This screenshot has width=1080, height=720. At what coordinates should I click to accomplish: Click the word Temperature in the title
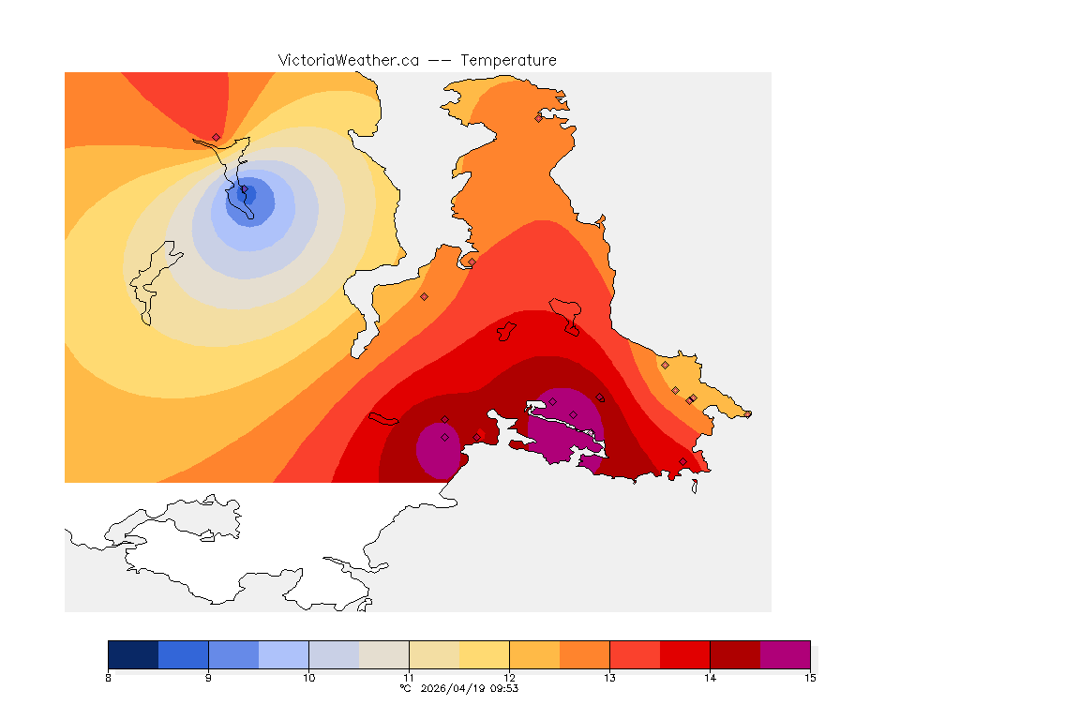pos(508,60)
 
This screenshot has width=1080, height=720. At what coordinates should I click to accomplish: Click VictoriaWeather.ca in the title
pos(348,60)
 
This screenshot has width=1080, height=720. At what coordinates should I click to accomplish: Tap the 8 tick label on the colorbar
pos(109,677)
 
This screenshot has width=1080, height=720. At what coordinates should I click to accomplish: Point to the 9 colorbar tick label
pos(208,677)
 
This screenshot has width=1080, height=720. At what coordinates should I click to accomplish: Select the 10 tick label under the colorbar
pos(308,677)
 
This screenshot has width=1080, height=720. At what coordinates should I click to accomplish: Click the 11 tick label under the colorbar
pos(409,677)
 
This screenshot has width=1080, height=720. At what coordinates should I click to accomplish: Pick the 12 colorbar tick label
pos(509,677)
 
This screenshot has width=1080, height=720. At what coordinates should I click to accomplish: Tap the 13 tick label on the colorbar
pos(609,677)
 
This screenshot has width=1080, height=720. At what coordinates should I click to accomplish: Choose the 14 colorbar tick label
pos(710,677)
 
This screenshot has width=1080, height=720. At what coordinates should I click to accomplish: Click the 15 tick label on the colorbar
pos(809,677)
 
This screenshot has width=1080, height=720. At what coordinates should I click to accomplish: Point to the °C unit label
pos(405,688)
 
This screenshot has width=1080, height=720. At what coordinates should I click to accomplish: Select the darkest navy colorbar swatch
pos(133,653)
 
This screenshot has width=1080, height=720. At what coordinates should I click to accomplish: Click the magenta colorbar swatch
pos(785,653)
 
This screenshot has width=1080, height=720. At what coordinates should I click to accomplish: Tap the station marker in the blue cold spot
pos(246,191)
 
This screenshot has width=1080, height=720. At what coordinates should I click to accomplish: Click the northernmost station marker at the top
pos(538,118)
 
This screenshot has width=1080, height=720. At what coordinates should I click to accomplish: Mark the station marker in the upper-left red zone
pos(216,137)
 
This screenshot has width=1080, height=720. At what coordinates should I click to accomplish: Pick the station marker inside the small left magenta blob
pos(444,437)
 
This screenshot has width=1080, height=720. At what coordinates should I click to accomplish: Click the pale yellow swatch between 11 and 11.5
pos(434,653)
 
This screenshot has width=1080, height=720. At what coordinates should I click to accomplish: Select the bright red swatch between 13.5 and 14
pos(684,653)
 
